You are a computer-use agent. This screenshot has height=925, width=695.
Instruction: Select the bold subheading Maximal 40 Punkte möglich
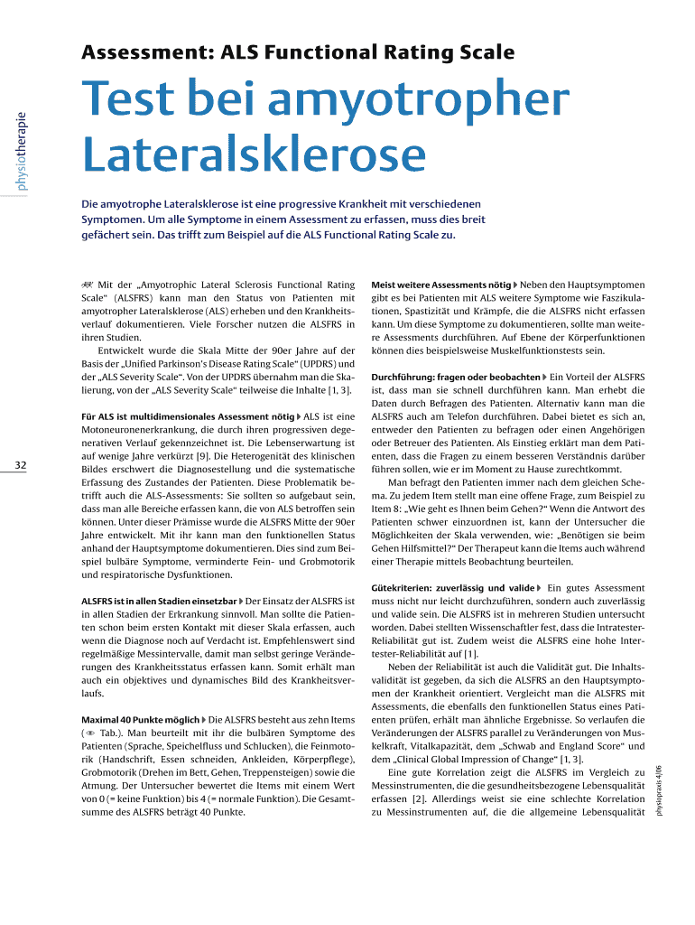[140, 720]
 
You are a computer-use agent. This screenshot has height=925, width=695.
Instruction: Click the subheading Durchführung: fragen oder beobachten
[455, 375]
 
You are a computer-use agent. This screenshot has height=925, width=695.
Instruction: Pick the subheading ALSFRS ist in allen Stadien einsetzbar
[158, 601]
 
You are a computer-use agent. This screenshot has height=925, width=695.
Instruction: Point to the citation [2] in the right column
[418, 799]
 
